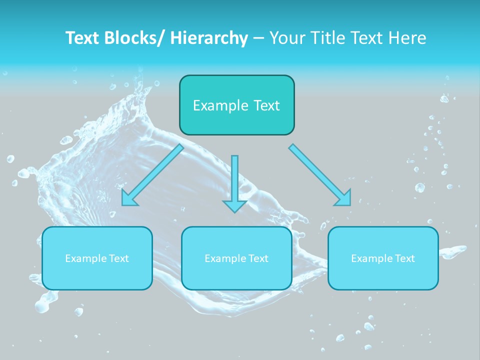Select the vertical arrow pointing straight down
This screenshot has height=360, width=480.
pyautogui.click(x=234, y=180)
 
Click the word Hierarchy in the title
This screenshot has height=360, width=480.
pyautogui.click(x=209, y=38)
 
